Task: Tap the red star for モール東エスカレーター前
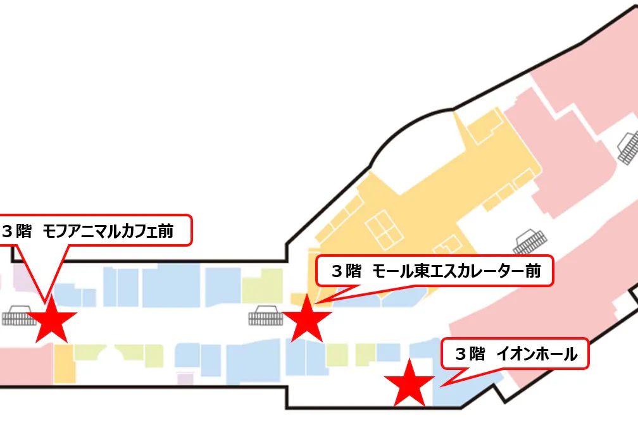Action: tap(307, 319)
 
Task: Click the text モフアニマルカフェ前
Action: tap(108, 231)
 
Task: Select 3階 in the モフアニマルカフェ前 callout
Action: tap(17, 231)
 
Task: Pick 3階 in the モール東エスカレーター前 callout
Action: tap(346, 271)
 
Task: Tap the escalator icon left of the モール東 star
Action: tap(266, 316)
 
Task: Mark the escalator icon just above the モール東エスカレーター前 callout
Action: tap(530, 242)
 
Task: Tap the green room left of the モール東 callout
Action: tap(262, 286)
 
